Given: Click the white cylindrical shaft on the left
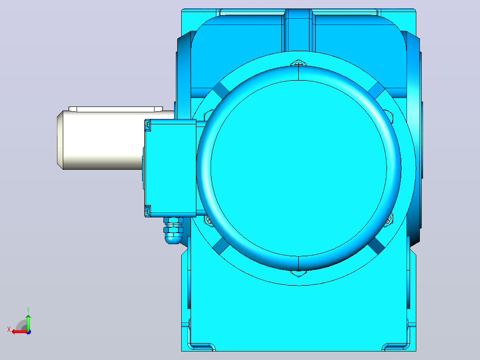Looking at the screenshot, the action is (101, 140).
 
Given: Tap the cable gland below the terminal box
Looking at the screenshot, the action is (173, 231).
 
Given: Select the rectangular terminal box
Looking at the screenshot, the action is (170, 168).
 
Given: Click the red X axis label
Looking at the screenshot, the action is (9, 330).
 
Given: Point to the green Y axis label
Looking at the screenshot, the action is (28, 310).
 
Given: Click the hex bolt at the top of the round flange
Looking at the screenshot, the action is (298, 63).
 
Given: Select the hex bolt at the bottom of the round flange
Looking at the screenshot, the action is (298, 273).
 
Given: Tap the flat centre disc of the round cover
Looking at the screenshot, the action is (298, 168).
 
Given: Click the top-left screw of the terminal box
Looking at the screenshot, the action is (147, 125).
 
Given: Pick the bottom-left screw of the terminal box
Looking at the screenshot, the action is (147, 211).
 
